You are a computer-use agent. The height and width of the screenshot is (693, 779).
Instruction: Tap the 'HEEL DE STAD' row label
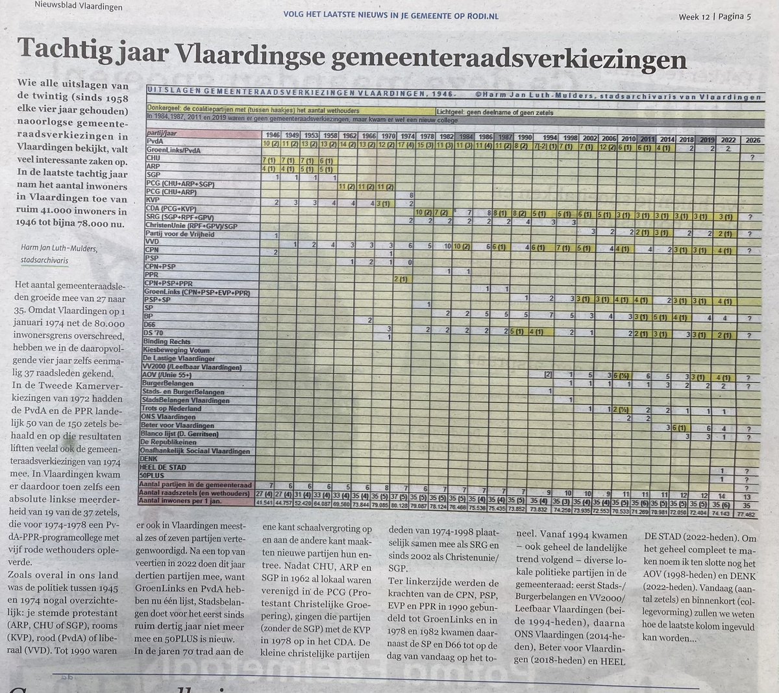166,467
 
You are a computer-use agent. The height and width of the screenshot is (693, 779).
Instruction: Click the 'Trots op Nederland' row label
171,409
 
